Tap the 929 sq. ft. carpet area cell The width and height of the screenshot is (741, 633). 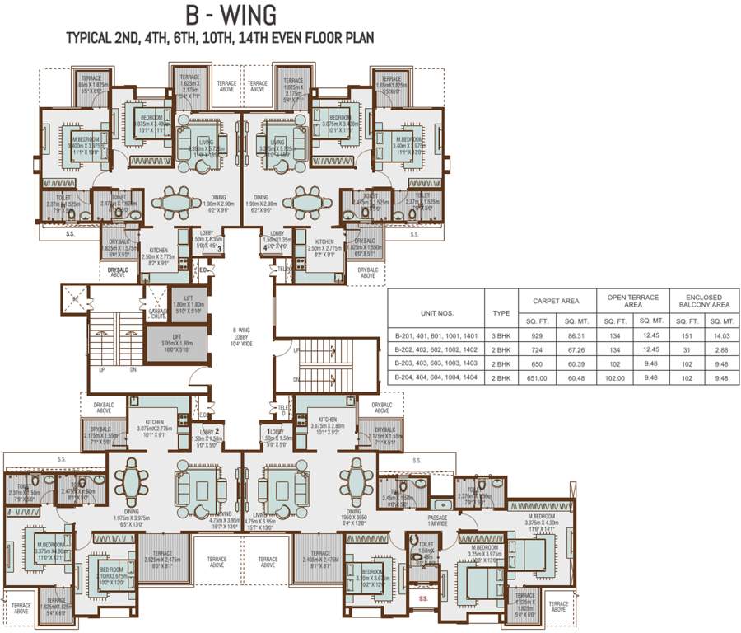click(539, 336)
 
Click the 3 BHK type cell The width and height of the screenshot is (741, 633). click(500, 336)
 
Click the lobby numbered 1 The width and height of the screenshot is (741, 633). click(270, 431)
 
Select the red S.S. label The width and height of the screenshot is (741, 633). click(424, 598)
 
